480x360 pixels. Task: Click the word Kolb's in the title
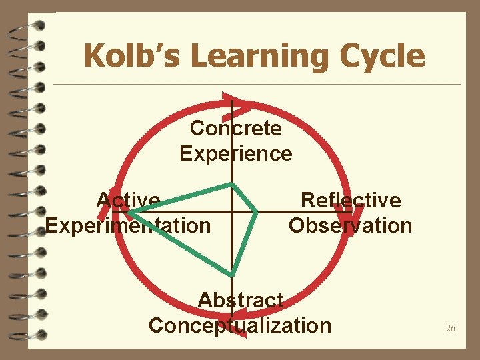pos(134,56)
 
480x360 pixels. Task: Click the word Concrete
pos(236,127)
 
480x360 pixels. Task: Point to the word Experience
pos(236,153)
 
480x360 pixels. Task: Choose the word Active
pos(128,199)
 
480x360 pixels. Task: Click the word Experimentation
pos(128,225)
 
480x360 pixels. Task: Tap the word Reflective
pos(351,199)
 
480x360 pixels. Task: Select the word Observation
pos(351,225)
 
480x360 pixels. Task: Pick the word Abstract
pos(241,300)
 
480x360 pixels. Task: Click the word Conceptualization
pos(240,325)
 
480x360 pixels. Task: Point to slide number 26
pos(451,329)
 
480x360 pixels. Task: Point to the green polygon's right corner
pos(257,212)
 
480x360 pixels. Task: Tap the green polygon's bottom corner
pos(231,275)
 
